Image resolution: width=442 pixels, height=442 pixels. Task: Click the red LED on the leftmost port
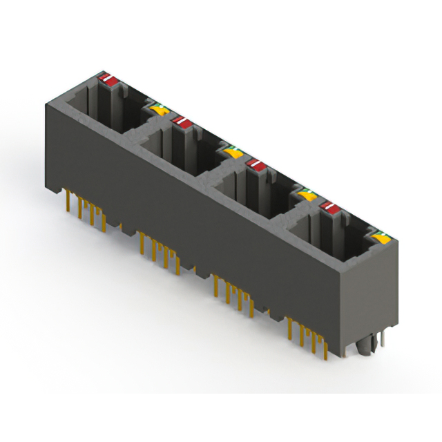[x=107, y=79]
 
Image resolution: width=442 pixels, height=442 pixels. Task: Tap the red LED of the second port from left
[x=182, y=122]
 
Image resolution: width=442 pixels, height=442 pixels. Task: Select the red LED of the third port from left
[x=257, y=164]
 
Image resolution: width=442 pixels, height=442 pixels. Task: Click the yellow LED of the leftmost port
[x=158, y=109]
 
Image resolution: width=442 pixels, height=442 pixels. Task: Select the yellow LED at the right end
[x=379, y=239]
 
